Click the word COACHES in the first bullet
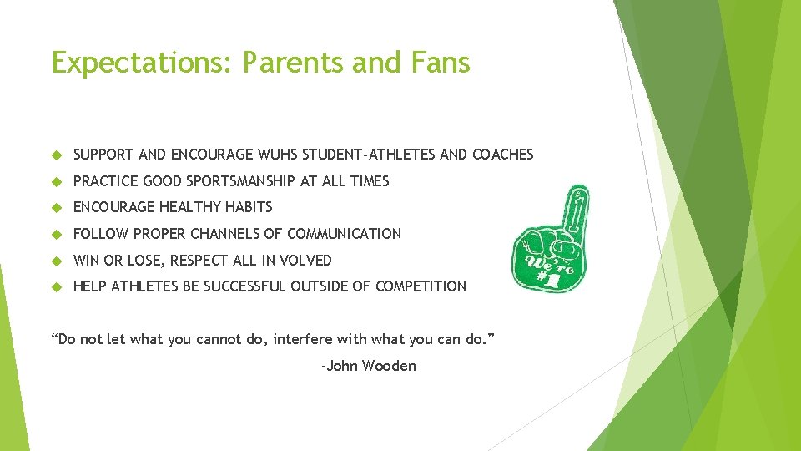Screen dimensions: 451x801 point(502,155)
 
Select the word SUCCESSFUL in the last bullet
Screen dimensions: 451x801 point(244,286)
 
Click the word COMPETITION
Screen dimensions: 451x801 point(421,286)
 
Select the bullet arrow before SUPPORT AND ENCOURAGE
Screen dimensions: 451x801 point(58,155)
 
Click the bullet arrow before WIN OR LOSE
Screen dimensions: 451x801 point(58,261)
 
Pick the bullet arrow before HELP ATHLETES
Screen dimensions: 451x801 point(58,286)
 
